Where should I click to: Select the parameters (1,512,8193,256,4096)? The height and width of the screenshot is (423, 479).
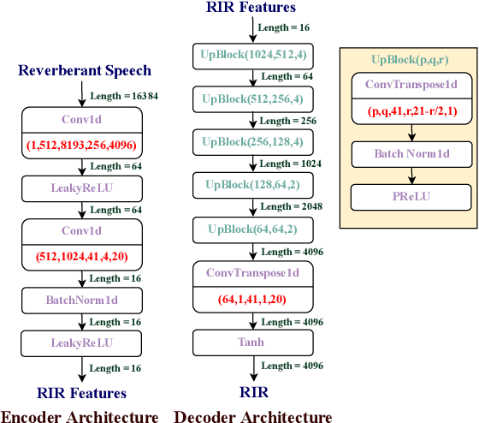(x=80, y=143)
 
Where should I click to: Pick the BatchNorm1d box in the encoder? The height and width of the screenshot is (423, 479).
(x=80, y=302)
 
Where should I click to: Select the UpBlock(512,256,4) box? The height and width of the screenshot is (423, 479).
(x=252, y=98)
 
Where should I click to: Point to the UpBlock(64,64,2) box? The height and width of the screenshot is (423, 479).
(x=252, y=229)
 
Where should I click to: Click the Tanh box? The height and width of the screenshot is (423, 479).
(x=252, y=343)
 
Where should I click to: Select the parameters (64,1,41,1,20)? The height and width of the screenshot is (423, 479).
(x=252, y=298)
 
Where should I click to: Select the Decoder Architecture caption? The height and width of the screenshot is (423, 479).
(x=253, y=416)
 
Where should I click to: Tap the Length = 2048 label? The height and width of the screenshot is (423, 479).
(x=288, y=206)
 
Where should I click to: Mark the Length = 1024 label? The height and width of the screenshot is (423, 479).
(x=288, y=163)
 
